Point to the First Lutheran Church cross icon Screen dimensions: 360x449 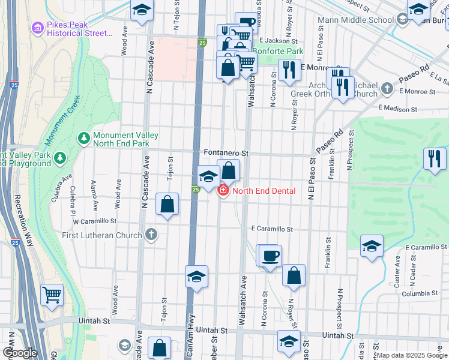tap(151, 234)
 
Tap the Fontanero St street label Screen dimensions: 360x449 tap(226, 154)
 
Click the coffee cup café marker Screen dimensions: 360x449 tap(270, 256)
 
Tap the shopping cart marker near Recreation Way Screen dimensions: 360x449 tap(52, 295)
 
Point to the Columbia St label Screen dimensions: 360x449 tap(420, 293)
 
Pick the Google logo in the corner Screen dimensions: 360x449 tap(19, 352)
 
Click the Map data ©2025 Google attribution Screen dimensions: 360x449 tap(412, 355)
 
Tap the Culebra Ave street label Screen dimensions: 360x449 tap(62, 188)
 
